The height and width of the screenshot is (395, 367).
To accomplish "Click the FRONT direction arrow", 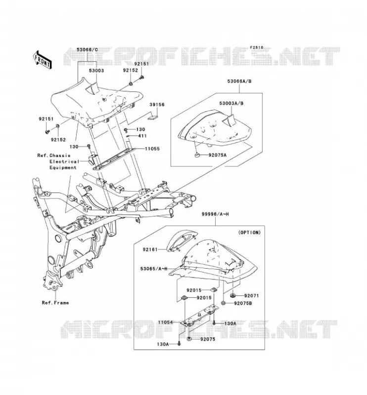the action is coord(43,59).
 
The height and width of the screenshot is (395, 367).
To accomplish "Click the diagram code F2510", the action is coord(257,47).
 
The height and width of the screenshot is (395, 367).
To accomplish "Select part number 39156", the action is coord(157,105).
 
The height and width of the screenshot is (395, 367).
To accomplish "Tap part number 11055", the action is coord(152,149).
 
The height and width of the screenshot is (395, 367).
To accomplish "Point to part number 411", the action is coord(142,136).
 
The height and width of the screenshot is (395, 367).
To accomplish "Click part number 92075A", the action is coord(218,155).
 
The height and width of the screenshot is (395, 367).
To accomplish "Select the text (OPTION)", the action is coord(249,233).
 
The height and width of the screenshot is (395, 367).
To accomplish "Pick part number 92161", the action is coord(150,250).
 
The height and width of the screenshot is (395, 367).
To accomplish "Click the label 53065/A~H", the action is coord(154,269).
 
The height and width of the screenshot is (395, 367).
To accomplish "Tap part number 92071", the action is coord(251,296).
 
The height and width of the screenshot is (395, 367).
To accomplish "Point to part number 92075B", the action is coord(243,303).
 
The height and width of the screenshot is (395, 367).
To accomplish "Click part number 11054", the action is coord(166,322).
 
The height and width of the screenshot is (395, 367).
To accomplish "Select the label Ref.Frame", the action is coord(55,303).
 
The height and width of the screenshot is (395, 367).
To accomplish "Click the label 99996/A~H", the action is coord(215,214).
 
